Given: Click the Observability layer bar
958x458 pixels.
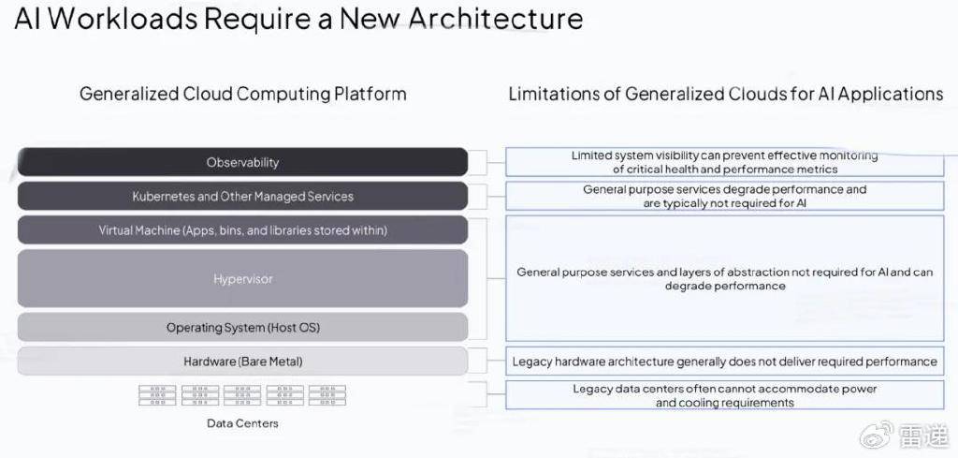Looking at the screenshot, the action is [242, 162].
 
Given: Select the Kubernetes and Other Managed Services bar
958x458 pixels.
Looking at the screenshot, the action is [242, 197].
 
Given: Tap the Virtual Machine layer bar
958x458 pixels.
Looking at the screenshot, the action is [242, 230].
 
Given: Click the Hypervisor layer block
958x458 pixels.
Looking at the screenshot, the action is [242, 279].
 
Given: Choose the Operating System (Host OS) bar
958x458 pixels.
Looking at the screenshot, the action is [242, 328].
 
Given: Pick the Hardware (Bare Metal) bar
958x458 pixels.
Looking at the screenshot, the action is [242, 362].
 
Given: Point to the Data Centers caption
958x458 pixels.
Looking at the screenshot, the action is [242, 423].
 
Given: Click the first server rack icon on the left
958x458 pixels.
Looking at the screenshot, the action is [157, 395].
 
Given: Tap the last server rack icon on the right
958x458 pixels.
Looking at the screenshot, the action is [327, 395].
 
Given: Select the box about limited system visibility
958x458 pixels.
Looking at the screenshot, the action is [725, 162].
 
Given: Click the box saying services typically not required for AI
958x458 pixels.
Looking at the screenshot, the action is [725, 197].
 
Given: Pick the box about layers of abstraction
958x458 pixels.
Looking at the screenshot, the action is [725, 278].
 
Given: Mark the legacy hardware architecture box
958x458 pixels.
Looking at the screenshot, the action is [725, 362].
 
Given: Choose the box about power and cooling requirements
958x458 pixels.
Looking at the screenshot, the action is [725, 395].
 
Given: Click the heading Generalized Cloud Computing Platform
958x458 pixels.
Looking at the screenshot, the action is [242, 95].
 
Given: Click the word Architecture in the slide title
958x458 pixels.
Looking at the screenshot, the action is [496, 19].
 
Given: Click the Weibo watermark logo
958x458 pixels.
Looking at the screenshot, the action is [876, 435].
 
